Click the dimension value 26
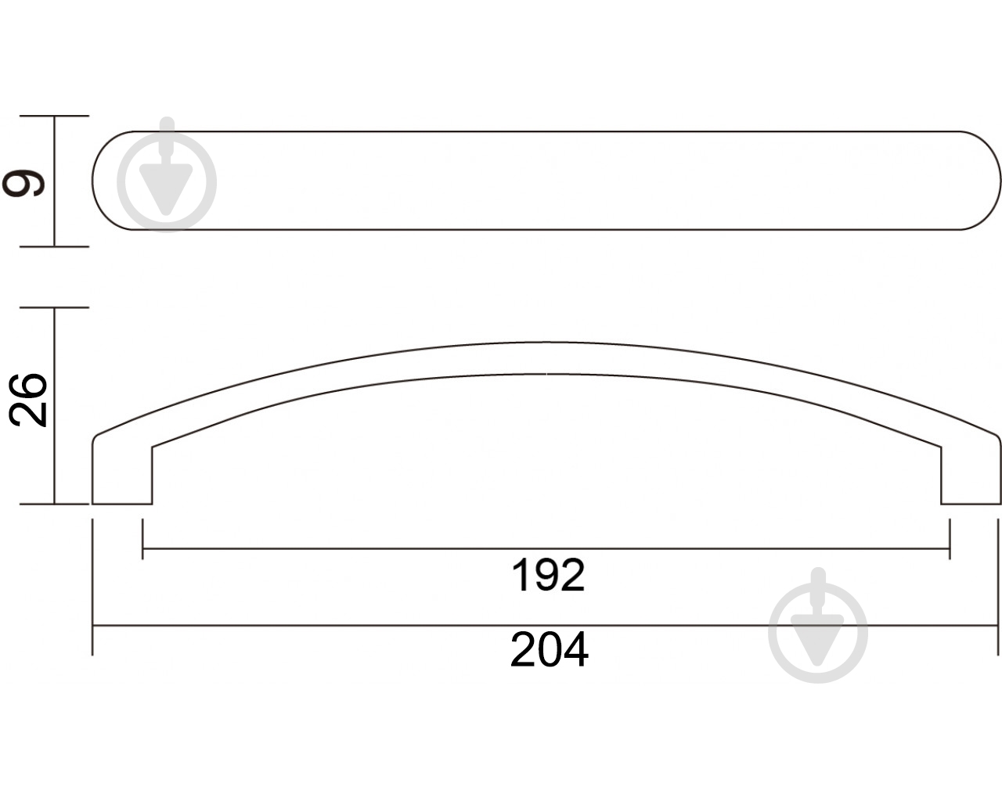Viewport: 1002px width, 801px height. [28, 400]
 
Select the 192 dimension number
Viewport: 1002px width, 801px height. [547, 576]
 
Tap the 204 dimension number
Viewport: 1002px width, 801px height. [549, 649]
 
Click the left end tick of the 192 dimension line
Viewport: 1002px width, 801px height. [142, 549]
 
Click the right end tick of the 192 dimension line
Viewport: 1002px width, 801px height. [950, 549]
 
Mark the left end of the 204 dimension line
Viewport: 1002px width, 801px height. [93, 626]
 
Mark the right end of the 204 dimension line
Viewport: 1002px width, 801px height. [1000, 626]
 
